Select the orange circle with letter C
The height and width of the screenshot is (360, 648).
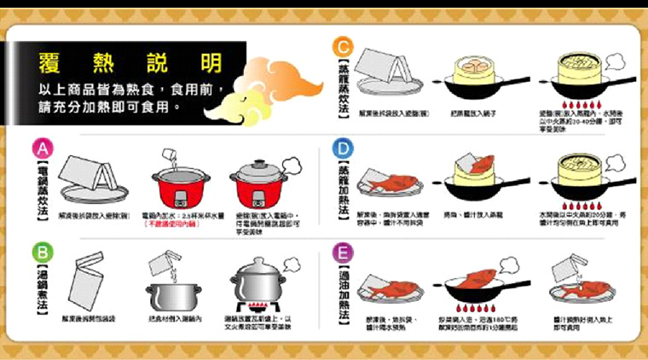[342, 47]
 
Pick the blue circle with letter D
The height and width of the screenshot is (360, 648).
[342, 150]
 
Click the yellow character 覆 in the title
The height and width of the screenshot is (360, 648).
[50, 63]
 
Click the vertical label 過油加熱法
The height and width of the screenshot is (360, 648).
[343, 295]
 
